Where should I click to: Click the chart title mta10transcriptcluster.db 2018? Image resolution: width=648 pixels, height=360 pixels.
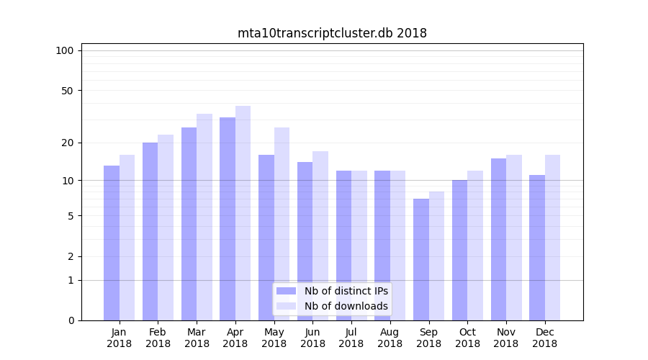point(332,33)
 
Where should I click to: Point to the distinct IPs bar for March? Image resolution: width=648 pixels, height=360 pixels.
point(189,224)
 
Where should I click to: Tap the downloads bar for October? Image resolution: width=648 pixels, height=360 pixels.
point(475,246)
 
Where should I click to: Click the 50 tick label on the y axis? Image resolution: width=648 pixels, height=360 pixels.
point(67,91)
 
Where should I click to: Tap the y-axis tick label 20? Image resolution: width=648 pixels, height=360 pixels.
point(67,143)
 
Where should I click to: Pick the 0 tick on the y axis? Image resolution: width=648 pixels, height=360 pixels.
point(71,320)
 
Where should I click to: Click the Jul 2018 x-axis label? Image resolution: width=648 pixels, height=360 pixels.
point(351,338)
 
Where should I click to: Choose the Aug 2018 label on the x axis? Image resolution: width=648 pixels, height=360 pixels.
point(390,338)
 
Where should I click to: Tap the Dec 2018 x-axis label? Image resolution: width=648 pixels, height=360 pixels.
point(544,338)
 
